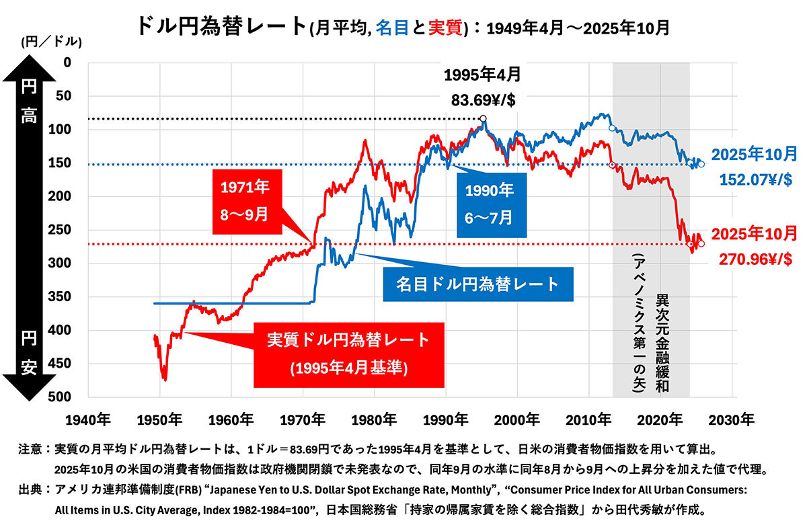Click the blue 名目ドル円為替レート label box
point(478,284)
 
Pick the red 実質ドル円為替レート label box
point(348,354)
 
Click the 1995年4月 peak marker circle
point(484,119)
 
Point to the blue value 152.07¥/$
point(754,180)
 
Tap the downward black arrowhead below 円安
point(29,390)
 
